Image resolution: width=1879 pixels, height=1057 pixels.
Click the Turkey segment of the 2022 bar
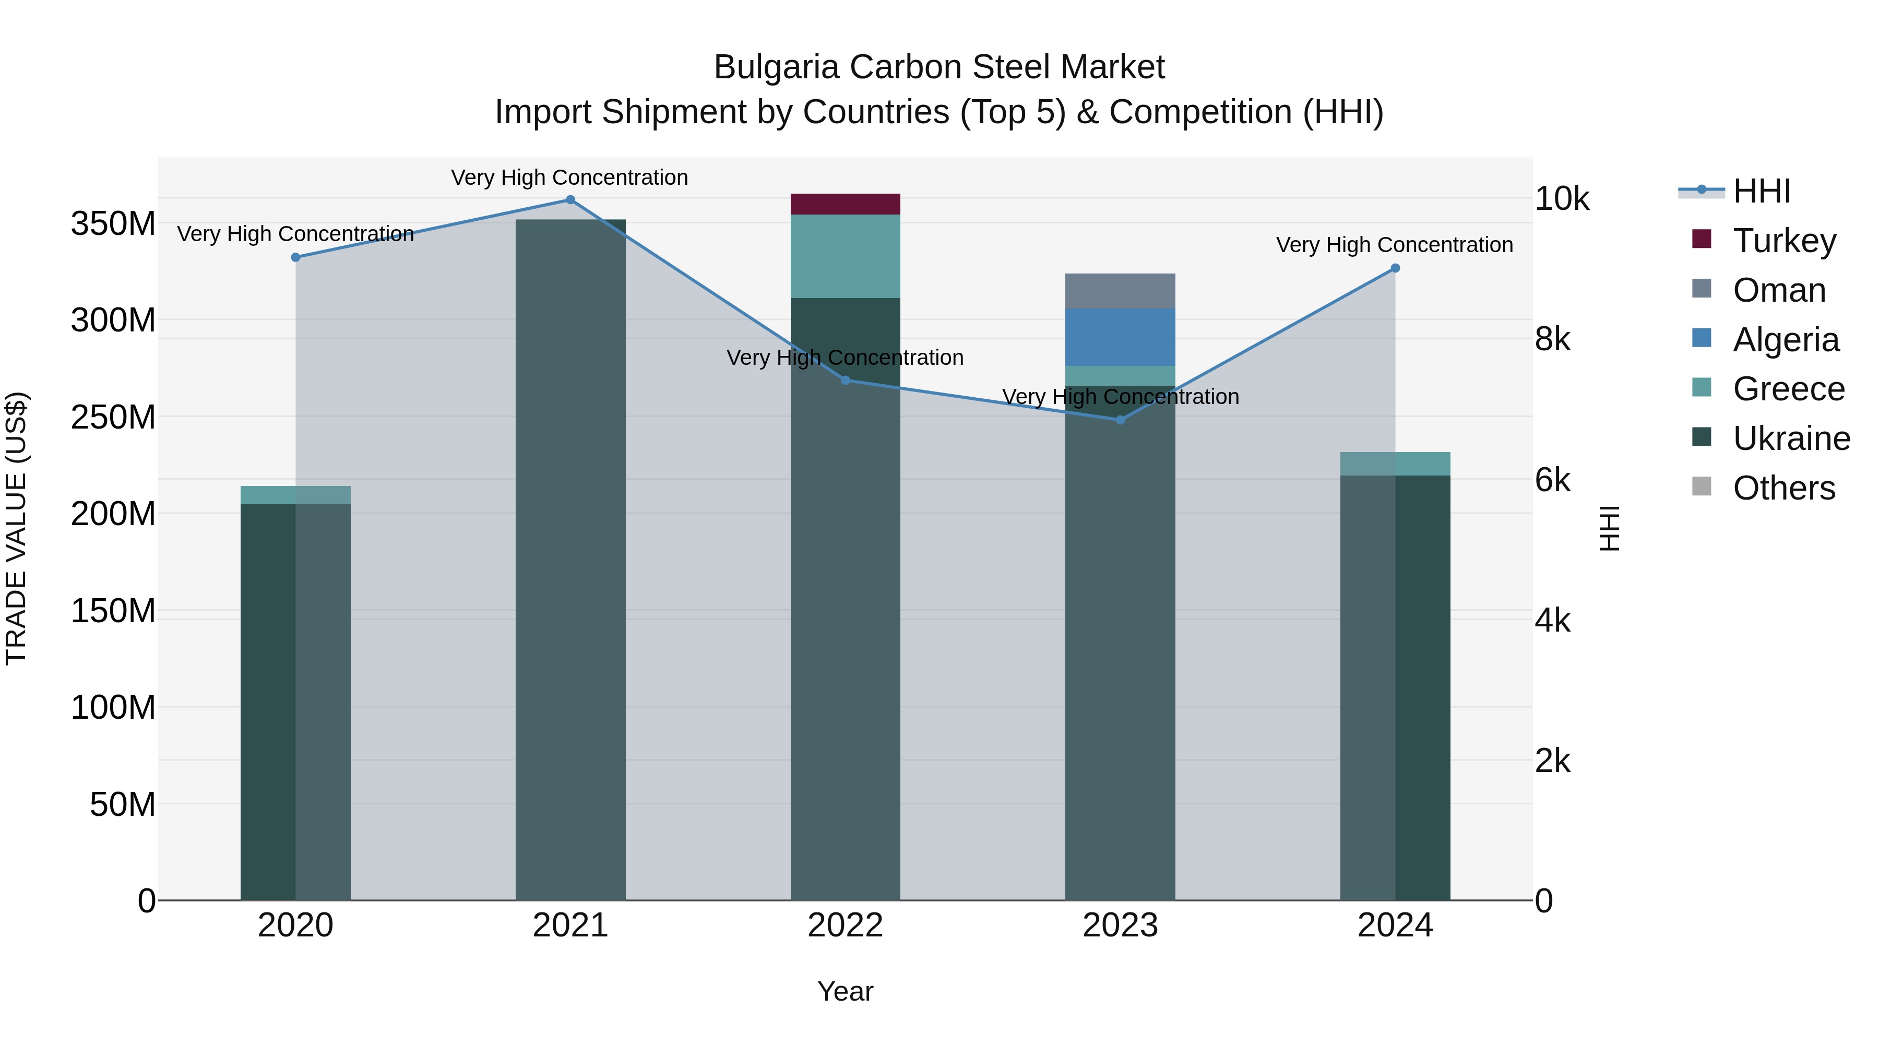tap(846, 204)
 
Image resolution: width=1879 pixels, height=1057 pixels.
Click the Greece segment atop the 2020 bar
tap(295, 495)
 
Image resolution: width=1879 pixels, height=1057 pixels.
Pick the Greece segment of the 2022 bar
tap(846, 256)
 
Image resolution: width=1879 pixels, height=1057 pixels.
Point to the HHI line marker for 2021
tap(570, 200)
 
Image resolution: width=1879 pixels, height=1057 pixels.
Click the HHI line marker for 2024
tap(1395, 268)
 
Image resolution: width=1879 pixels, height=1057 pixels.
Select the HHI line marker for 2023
tap(1121, 420)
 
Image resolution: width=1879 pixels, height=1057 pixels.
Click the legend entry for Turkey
tap(1783, 241)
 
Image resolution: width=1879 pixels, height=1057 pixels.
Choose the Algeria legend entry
tap(1785, 340)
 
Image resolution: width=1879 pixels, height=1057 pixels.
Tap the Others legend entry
tap(1783, 488)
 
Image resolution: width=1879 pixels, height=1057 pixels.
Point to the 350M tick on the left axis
tap(113, 224)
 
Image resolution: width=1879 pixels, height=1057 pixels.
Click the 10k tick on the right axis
tap(1562, 199)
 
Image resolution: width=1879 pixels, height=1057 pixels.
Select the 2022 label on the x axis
tap(846, 925)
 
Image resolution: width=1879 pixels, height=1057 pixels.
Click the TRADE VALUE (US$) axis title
tap(16, 528)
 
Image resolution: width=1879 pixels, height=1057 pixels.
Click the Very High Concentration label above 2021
tap(569, 177)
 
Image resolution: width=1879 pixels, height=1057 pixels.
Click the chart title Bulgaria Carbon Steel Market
tap(939, 67)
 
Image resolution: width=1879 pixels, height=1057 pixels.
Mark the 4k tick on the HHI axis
tap(1552, 621)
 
